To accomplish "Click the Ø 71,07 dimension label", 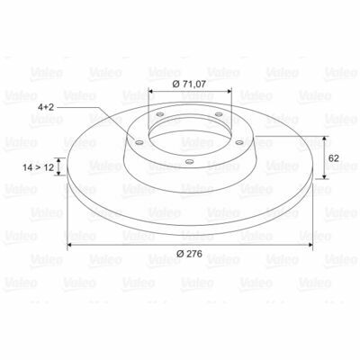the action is pos(189,85).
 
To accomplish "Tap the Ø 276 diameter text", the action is pos(189,254).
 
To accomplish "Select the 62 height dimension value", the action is pos(334,158).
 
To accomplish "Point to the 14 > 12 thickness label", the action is pos(39,167).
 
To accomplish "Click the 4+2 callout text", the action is pos(46,107).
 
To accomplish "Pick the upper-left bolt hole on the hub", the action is pos(160,114).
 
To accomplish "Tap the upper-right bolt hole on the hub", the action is pos(220,114).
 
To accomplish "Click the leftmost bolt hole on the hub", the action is pos(139,142).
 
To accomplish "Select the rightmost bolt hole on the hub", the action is pos(239,142).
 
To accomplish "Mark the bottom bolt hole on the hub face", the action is pos(189,162).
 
